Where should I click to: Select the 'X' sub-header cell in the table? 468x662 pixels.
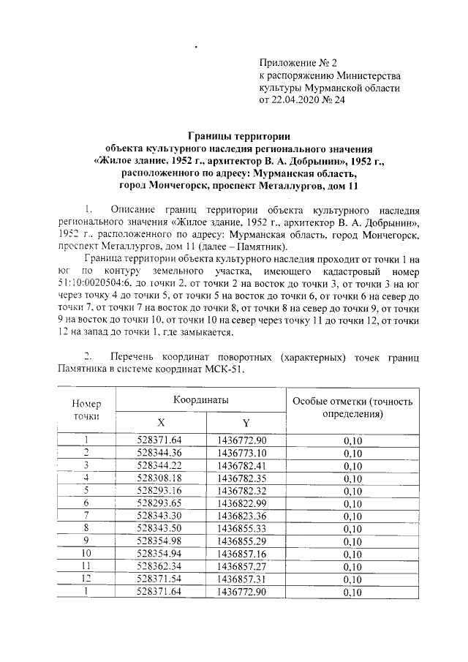[x=161, y=423]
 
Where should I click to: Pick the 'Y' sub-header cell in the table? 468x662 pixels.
[x=246, y=423]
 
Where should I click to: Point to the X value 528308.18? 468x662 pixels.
[x=159, y=477]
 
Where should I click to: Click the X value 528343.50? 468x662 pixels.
[x=159, y=527]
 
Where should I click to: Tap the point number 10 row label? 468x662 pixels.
[x=86, y=553]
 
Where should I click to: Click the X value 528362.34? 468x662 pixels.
[x=159, y=565]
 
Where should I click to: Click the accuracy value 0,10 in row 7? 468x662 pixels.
[x=352, y=515]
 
